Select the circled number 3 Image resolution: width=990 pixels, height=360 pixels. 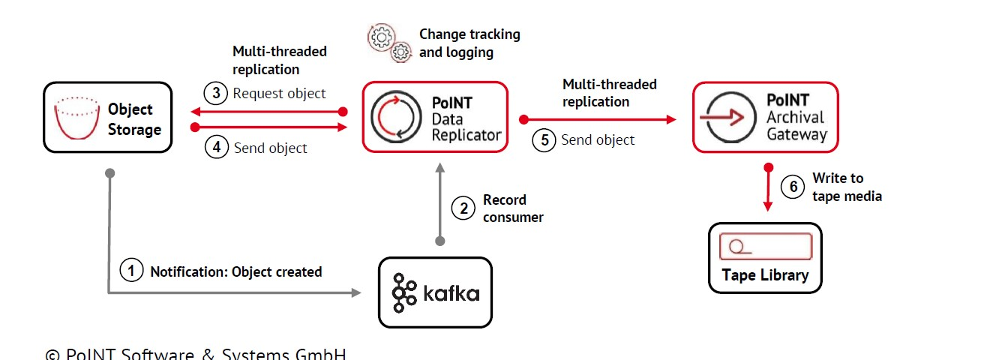tap(216, 94)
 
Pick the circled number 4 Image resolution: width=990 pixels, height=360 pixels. tap(216, 147)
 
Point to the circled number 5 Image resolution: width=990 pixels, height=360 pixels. tap(544, 139)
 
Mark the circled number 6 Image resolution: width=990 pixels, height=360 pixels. tap(793, 187)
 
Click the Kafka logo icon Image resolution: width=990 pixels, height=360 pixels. tap(405, 292)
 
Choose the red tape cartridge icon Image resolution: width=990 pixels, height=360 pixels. tap(765, 246)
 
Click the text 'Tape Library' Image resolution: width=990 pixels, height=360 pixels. tap(765, 274)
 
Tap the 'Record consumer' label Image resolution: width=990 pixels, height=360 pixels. tap(513, 208)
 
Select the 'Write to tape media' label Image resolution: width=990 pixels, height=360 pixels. tap(847, 187)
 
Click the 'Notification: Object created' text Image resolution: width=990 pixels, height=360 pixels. tap(236, 271)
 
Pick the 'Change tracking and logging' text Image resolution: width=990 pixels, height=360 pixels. tap(469, 43)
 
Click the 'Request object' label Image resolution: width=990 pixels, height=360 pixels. tap(279, 94)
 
